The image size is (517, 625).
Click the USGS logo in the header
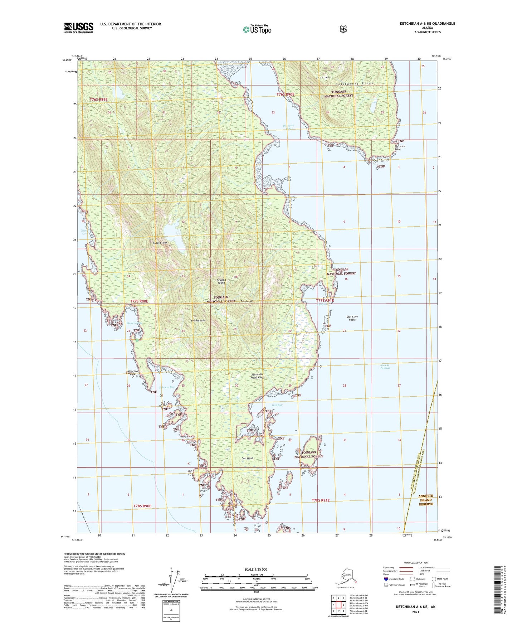(x=78, y=28)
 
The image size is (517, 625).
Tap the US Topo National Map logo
(x=257, y=29)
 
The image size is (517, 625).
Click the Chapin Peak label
(x=160, y=243)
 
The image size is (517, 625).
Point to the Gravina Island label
(x=221, y=281)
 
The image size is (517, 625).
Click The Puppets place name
(x=198, y=320)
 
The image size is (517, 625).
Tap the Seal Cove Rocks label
(x=352, y=318)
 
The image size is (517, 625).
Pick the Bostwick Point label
(x=399, y=147)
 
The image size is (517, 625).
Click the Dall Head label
(x=247, y=458)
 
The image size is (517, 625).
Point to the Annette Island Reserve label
(x=426, y=500)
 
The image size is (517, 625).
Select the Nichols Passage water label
(x=385, y=367)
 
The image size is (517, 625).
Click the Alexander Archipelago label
(x=257, y=376)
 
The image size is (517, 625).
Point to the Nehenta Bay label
(x=167, y=387)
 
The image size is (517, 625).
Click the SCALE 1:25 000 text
(x=255, y=569)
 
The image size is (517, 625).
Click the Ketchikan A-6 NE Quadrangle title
(x=427, y=24)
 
